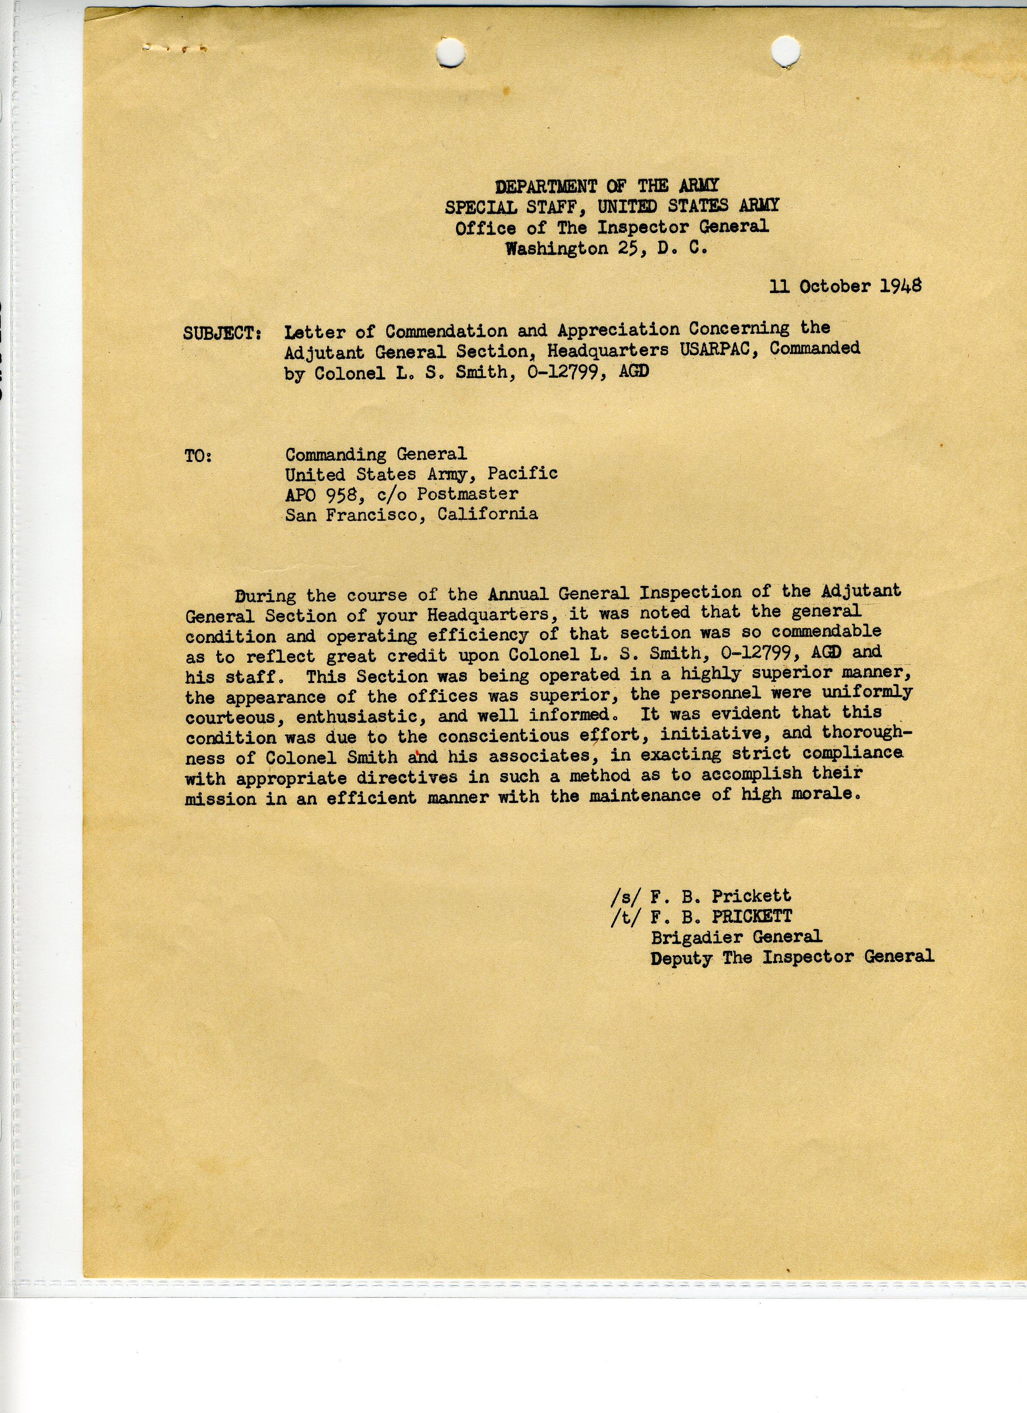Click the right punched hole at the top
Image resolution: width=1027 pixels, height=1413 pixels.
(785, 51)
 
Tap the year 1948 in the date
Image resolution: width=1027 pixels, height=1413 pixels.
(901, 285)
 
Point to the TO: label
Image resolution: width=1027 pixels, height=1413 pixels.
(198, 456)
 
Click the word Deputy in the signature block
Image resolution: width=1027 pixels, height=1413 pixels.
(681, 958)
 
